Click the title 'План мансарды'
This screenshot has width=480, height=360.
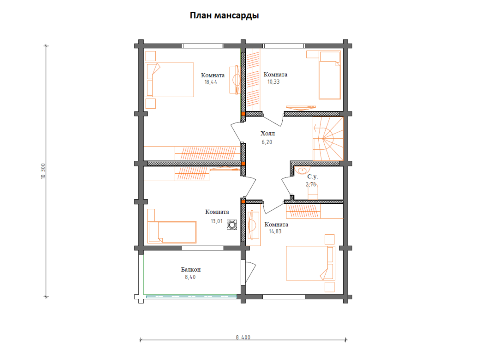(x=224, y=16)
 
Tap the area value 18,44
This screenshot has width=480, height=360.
(x=211, y=82)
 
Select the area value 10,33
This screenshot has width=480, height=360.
(x=273, y=82)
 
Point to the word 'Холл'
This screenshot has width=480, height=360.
(x=268, y=133)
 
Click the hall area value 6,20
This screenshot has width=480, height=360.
(x=267, y=142)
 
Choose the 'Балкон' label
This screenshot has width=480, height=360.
(x=191, y=270)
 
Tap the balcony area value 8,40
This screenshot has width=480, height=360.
(x=190, y=277)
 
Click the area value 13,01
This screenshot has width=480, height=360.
(x=216, y=221)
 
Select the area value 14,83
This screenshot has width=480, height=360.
(x=275, y=231)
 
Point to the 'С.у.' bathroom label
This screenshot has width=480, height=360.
(x=312, y=176)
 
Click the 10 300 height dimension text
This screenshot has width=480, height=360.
(x=43, y=171)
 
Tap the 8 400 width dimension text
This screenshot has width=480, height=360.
(x=243, y=337)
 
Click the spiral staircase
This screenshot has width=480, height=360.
(x=328, y=138)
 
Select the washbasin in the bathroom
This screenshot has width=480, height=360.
(x=302, y=170)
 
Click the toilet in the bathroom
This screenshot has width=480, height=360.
(x=313, y=192)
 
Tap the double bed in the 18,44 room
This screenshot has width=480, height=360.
(x=169, y=80)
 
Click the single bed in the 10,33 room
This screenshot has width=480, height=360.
(x=330, y=75)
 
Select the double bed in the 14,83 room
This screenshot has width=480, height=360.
(x=310, y=263)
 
